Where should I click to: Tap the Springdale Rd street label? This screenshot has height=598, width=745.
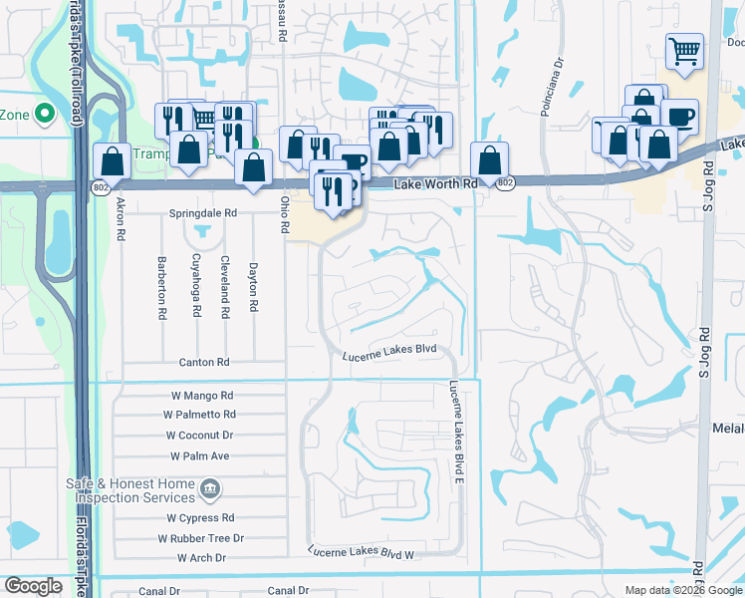pyautogui.click(x=203, y=213)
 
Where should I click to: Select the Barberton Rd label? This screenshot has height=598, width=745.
pyautogui.click(x=160, y=288)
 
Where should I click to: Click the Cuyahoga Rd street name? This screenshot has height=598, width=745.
pyautogui.click(x=195, y=288)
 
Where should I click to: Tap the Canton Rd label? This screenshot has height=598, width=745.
pyautogui.click(x=204, y=362)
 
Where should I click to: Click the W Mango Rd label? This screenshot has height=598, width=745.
pyautogui.click(x=203, y=396)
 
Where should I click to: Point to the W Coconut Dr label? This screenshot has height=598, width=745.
pyautogui.click(x=199, y=436)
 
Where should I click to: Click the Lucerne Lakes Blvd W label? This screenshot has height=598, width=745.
pyautogui.click(x=361, y=551)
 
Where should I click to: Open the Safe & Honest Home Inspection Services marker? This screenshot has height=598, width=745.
pyautogui.click(x=210, y=488)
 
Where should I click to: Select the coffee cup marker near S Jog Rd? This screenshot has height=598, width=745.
pyautogui.click(x=680, y=117)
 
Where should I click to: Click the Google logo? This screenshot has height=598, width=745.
pyautogui.click(x=33, y=586)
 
